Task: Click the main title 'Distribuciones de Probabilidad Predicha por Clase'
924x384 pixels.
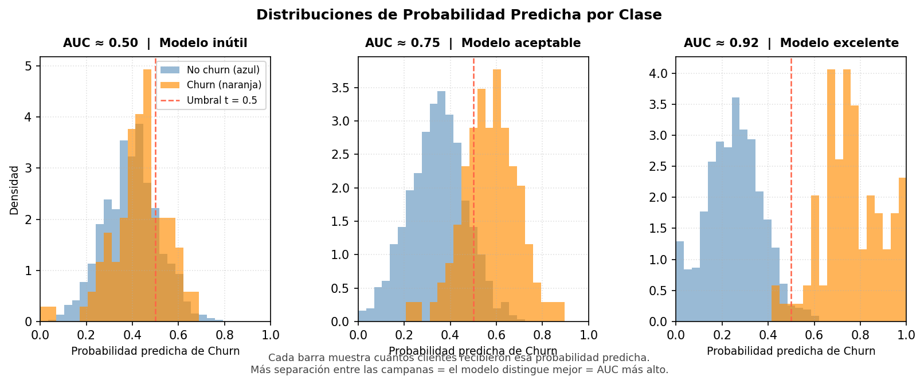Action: tap(459, 15)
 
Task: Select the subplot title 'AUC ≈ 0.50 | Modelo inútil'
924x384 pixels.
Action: tap(155, 43)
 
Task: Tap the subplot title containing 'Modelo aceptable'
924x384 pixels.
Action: tap(473, 43)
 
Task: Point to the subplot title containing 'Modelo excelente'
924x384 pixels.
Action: tap(791, 43)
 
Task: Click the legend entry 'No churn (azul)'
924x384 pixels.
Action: tap(223, 70)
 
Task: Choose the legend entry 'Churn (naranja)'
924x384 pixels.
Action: tap(224, 85)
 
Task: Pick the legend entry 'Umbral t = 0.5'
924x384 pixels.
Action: tap(222, 100)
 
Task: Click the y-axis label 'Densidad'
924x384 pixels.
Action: tap(14, 190)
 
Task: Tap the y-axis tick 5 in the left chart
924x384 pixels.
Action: tap(29, 66)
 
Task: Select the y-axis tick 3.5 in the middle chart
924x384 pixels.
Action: tap(342, 88)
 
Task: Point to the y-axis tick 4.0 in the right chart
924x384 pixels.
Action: tap(660, 73)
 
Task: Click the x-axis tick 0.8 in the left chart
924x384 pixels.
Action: tap(224, 335)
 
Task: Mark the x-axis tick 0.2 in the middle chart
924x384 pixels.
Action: tap(404, 335)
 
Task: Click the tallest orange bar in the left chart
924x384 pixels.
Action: tap(147, 195)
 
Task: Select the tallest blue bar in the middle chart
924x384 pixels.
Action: tap(441, 206)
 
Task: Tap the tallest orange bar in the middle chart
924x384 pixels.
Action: tap(497, 195)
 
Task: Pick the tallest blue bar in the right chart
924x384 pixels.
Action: tap(735, 209)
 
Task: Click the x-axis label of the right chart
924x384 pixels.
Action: tap(791, 351)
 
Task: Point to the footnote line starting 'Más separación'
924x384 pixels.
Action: tap(459, 370)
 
